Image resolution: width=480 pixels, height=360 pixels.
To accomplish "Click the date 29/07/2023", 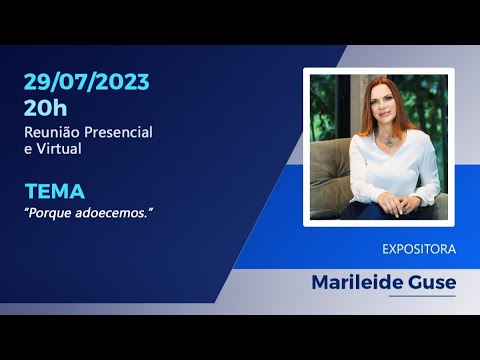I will [88, 82].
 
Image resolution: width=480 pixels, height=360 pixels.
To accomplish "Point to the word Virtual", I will [59, 148].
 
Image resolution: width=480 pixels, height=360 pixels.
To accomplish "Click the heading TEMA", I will [55, 190].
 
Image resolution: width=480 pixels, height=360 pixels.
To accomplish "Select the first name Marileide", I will [350, 282].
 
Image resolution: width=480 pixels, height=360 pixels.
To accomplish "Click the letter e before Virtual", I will [27, 148].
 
